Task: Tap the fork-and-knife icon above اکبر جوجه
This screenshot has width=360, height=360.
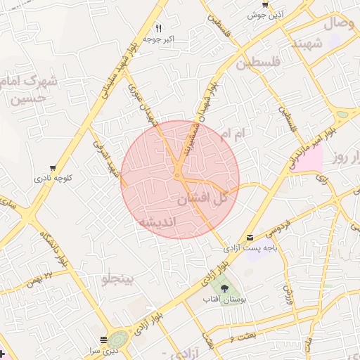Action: [158, 29]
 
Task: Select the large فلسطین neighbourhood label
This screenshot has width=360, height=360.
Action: [259, 63]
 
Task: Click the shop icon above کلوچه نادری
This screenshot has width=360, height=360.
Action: [53, 169]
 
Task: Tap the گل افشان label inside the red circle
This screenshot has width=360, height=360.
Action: [202, 199]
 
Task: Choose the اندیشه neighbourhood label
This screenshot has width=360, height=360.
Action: [161, 221]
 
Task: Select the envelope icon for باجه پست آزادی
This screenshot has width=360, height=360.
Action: [250, 238]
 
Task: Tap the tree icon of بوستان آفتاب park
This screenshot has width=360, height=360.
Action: [224, 288]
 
